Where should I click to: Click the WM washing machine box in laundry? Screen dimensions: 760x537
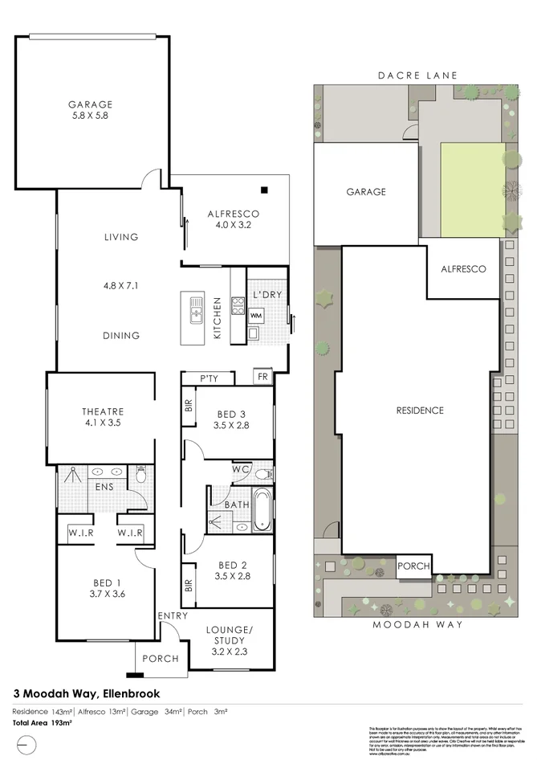coord(256,316)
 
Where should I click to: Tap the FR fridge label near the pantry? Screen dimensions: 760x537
coord(262,376)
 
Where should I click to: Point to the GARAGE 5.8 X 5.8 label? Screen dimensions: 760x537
coord(89,110)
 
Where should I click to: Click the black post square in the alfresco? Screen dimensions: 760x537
coord(264,190)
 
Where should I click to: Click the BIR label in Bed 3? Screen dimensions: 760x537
coord(189,407)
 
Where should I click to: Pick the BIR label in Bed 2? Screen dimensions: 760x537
coord(189,586)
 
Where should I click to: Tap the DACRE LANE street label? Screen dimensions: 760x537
coord(417,76)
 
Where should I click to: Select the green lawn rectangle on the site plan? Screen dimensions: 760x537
coord(472,190)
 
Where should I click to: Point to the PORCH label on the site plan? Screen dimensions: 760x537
coord(414,566)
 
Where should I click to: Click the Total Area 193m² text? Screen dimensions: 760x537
coord(42,723)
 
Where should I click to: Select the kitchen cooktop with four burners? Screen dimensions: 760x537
coord(238,304)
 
